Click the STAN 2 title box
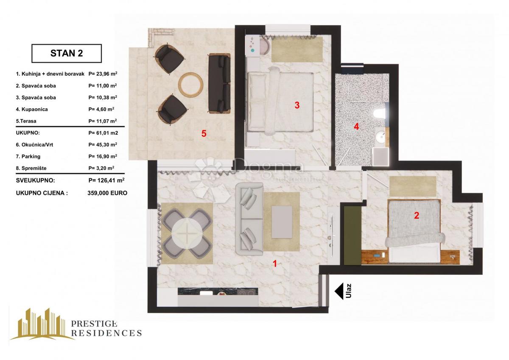click(67, 53)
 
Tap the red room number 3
click(297, 105)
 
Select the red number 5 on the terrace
click(204, 133)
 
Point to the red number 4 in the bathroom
click(356, 127)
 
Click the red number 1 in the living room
click(275, 264)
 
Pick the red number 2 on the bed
click(417, 215)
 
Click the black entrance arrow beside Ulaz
click(339, 291)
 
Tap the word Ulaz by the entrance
click(349, 291)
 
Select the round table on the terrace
click(190, 84)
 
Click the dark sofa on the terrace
click(220, 84)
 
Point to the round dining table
click(187, 234)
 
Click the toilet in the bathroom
click(380, 114)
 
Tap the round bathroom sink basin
click(380, 137)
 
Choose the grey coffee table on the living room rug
click(282, 222)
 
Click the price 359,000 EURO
click(107, 193)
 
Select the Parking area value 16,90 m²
click(103, 156)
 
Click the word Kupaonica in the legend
click(34, 110)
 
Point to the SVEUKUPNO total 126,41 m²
click(106, 180)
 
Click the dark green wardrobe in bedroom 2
click(352, 235)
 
